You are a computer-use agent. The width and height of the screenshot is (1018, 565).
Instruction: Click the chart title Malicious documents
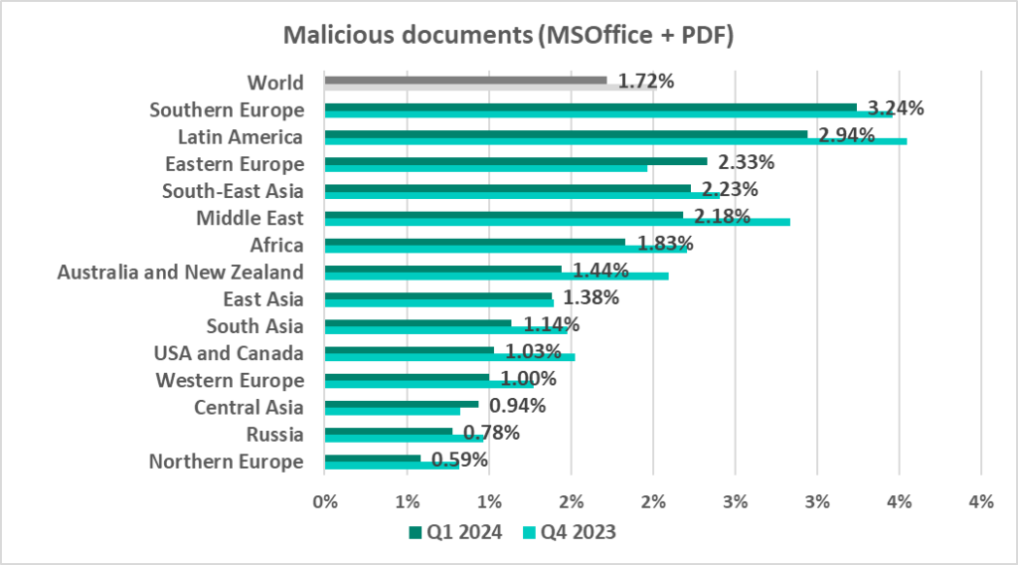[x=508, y=36]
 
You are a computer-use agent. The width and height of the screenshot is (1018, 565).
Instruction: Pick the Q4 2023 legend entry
[x=569, y=532]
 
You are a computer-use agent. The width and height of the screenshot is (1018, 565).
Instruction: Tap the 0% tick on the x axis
[x=324, y=502]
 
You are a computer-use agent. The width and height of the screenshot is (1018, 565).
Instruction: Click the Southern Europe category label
[x=226, y=109]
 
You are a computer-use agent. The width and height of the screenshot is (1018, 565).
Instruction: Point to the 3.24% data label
[x=896, y=108]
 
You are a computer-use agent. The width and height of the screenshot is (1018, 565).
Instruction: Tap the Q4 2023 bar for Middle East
[x=557, y=222]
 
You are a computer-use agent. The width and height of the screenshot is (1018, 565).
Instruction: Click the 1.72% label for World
[x=646, y=82]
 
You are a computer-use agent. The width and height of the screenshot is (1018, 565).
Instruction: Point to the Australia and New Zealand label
[x=180, y=272]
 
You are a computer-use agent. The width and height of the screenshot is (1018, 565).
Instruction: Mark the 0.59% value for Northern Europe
[x=459, y=462]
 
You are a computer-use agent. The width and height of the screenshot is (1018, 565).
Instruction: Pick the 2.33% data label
[x=747, y=162]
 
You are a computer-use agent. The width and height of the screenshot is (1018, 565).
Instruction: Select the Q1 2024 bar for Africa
[x=474, y=241]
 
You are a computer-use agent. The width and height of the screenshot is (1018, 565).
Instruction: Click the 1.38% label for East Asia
[x=591, y=297]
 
